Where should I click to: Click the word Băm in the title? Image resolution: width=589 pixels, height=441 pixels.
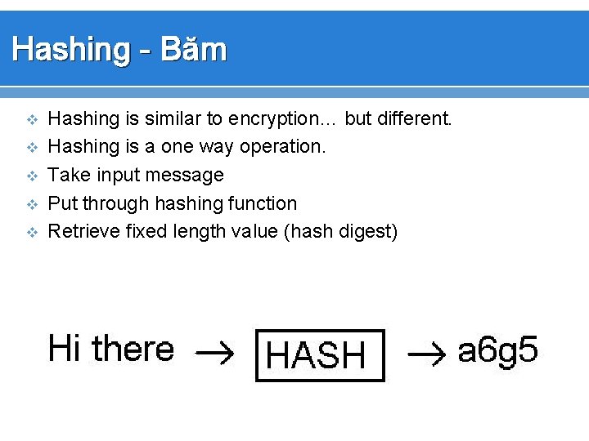tap(194, 50)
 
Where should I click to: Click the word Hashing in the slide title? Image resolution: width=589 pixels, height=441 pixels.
tap(70, 50)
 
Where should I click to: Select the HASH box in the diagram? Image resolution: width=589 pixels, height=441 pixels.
tap(320, 355)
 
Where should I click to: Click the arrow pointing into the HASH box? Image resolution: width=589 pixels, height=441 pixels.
tap(215, 354)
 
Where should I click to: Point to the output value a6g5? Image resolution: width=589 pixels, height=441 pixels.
tap(498, 352)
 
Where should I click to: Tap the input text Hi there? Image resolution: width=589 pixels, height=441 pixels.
tap(111, 349)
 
